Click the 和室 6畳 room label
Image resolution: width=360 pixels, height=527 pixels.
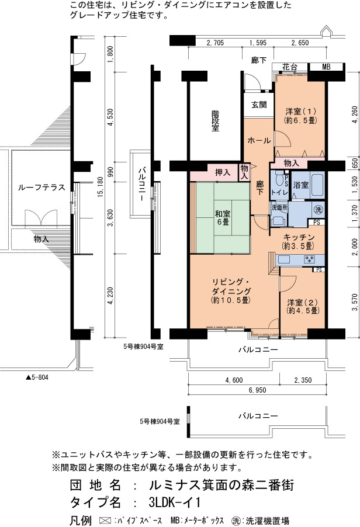(x=222, y=217)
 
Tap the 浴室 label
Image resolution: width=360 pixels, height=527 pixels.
(x=300, y=185)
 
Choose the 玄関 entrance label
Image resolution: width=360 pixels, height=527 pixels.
(x=259, y=105)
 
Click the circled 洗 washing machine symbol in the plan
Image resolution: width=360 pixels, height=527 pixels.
(x=318, y=209)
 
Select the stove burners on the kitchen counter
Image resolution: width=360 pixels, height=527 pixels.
(x=309, y=259)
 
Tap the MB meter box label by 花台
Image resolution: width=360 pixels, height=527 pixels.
(x=326, y=67)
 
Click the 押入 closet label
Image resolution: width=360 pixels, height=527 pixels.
(x=223, y=173)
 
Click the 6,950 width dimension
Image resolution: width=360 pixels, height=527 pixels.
(x=258, y=390)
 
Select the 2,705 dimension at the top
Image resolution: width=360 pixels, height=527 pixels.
(x=215, y=43)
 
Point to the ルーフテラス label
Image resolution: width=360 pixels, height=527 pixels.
(x=41, y=187)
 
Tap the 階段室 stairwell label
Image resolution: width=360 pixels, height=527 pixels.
(x=215, y=121)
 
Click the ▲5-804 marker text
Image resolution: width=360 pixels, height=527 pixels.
(x=37, y=377)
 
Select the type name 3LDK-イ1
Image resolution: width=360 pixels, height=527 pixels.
(x=175, y=502)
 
